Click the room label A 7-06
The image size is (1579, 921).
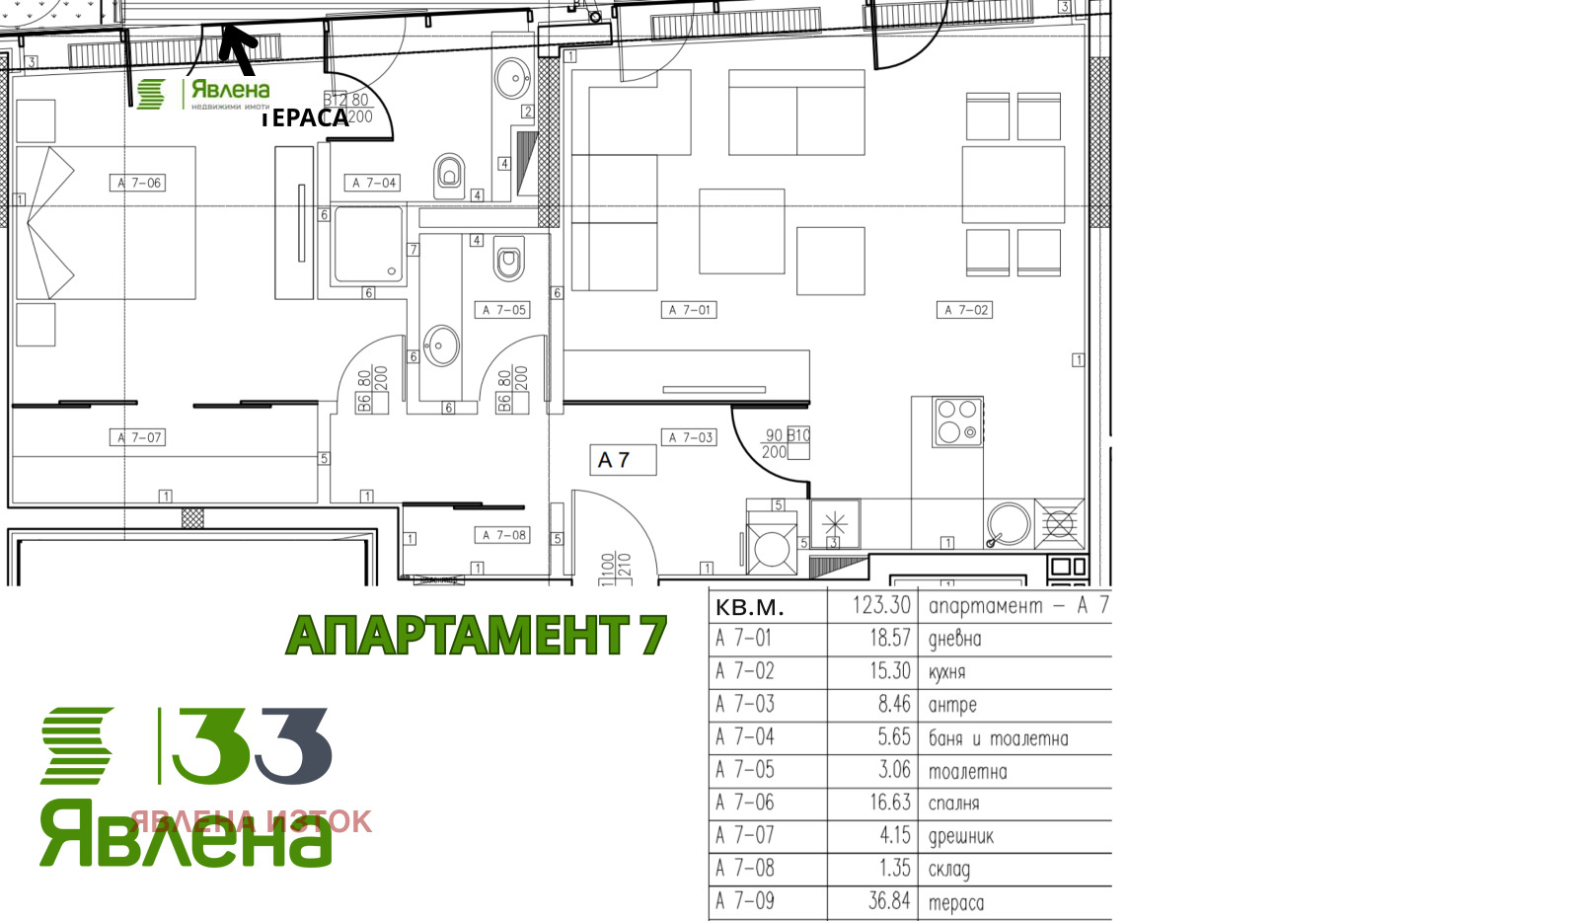(x=138, y=183)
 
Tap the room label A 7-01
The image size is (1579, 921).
(x=689, y=310)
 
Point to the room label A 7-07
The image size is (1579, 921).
(x=138, y=437)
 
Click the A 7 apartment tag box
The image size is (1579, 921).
(x=623, y=460)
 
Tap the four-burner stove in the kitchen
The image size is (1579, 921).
(x=957, y=422)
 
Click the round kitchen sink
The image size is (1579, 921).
(x=1009, y=525)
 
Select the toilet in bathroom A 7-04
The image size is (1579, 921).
(x=449, y=176)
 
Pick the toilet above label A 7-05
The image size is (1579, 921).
(x=508, y=261)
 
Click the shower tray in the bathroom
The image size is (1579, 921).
(x=368, y=244)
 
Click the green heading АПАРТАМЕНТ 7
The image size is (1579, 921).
(x=476, y=636)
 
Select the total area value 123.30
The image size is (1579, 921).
(x=881, y=605)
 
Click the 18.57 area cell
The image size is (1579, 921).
(x=889, y=639)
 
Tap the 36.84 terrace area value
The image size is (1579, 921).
(x=888, y=901)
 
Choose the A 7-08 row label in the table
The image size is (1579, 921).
(x=745, y=869)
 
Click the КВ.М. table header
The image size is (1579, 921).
(x=750, y=607)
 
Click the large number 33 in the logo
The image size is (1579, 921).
(x=252, y=746)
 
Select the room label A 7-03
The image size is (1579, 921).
(x=689, y=437)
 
